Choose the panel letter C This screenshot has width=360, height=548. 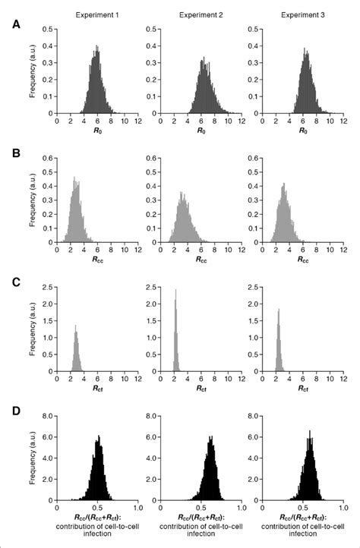[16, 282]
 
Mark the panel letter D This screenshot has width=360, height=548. [16, 410]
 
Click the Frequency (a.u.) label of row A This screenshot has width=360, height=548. [31, 72]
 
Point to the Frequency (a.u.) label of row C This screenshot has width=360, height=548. [31, 331]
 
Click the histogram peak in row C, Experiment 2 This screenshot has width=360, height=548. [176, 290]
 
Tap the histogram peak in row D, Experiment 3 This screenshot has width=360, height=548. [310, 431]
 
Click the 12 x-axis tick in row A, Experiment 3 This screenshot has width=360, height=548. [343, 121]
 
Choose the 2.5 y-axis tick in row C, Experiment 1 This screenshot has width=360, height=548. [47, 288]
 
